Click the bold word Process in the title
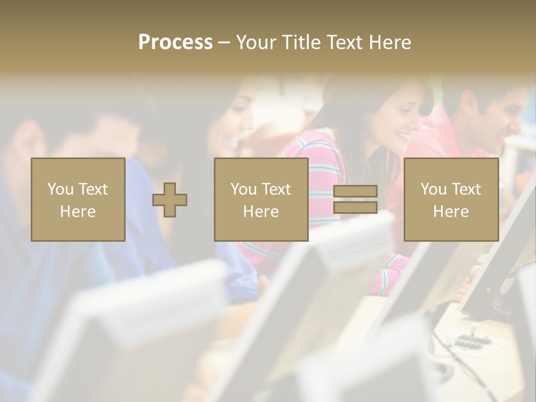(175, 42)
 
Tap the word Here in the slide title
(389, 42)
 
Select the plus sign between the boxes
(170, 199)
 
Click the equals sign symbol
(355, 199)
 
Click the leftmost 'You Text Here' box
(78, 199)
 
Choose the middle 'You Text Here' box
(261, 199)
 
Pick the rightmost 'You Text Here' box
(451, 199)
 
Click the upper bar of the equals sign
(355, 192)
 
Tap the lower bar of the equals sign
(355, 207)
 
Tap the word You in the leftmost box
(60, 189)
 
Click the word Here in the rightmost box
(451, 211)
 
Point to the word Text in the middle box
(276, 189)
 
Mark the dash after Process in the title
(224, 42)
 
